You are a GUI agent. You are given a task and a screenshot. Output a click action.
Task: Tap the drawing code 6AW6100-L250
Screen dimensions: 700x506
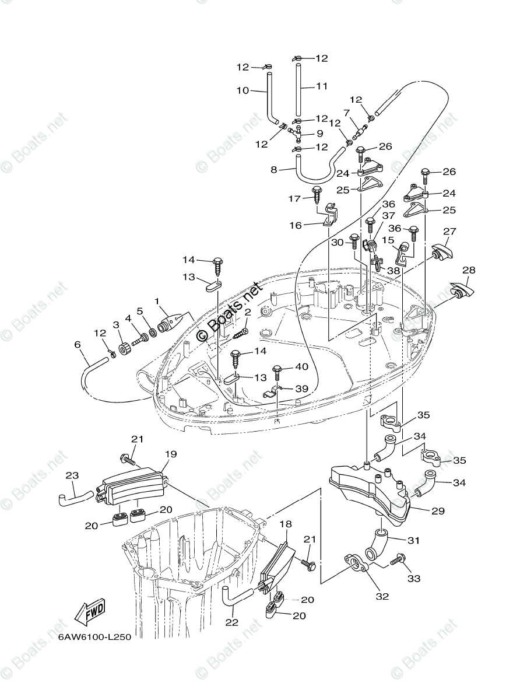[x=94, y=637]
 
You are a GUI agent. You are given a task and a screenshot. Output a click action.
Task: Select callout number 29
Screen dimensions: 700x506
[x=438, y=511]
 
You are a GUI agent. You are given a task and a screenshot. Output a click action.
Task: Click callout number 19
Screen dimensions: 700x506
[x=170, y=453]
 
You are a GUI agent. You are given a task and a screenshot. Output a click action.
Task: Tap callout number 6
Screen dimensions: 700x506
[x=77, y=345]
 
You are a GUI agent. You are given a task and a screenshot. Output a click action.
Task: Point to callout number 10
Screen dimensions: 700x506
[x=242, y=90]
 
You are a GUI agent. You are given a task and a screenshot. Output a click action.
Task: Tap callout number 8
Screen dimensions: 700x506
[x=273, y=170]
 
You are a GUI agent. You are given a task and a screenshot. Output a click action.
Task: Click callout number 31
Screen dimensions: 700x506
[x=413, y=540]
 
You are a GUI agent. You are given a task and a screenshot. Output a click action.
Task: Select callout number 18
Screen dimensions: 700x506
[x=285, y=524]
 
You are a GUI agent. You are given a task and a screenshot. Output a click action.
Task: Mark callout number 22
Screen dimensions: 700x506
[x=231, y=622]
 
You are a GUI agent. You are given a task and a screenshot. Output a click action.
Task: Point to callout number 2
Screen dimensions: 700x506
[x=247, y=313]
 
